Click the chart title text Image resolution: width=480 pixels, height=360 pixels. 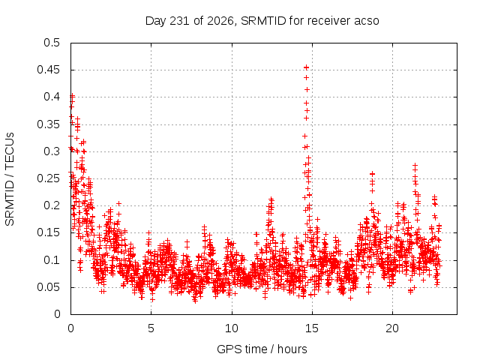coord(262,21)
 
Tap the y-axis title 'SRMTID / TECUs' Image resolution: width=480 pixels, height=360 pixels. coord(10,179)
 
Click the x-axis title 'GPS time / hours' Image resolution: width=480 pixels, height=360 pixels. coord(262,349)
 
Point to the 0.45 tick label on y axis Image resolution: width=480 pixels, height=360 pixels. coord(48,70)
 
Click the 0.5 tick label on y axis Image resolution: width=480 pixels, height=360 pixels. coord(52,43)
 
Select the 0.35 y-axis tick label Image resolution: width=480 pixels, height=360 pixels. coord(48,124)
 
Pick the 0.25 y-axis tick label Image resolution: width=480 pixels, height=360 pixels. coord(48,178)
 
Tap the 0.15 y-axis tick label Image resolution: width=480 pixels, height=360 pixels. coord(48,232)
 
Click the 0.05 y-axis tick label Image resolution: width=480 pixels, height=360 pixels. coord(48,287)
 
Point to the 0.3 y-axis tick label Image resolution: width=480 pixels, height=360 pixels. coord(52,151)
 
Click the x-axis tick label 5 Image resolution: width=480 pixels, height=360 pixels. coord(151,328)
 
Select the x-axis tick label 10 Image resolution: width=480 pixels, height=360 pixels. coord(232,328)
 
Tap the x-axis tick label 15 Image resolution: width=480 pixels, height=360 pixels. coord(312,328)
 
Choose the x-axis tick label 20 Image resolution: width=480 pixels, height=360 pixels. coord(392,328)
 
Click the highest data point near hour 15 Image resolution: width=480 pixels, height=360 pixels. coord(306,67)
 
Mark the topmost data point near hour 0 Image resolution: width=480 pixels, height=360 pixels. coord(72,96)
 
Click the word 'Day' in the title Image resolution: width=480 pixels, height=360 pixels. coord(156,21)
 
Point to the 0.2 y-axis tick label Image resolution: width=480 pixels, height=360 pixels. coord(52,205)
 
